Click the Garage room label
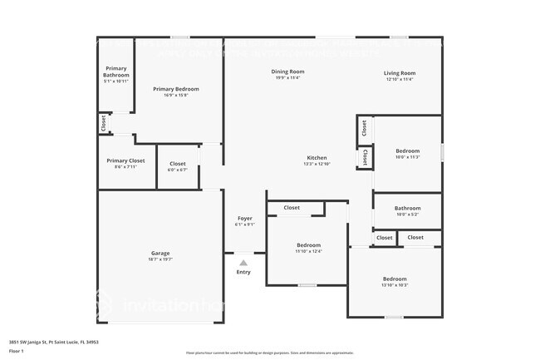(160, 253)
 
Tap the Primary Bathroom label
(116, 72)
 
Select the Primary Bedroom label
(176, 88)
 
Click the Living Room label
(400, 73)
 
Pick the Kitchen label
(317, 157)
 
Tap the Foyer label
(244, 219)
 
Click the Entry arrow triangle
(243, 261)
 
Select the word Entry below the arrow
(243, 272)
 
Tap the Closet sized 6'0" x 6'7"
(178, 164)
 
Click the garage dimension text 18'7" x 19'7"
(160, 259)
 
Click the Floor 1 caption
(17, 352)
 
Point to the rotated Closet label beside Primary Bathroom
(103, 124)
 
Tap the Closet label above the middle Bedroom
(292, 208)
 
